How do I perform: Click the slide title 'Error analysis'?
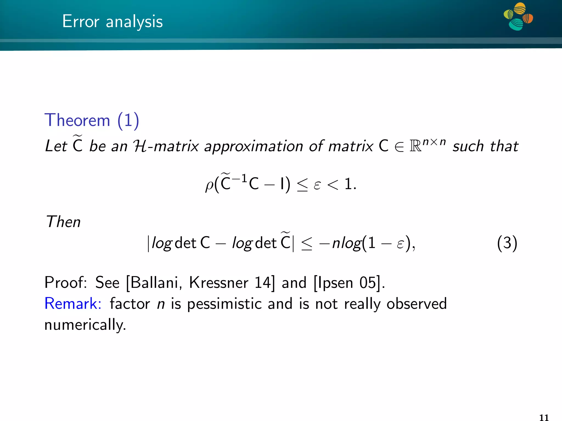click(x=112, y=21)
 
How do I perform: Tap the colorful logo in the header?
click(x=518, y=16)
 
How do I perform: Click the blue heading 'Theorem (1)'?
click(x=92, y=120)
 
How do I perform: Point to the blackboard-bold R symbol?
click(x=415, y=146)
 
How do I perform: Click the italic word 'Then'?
click(x=63, y=222)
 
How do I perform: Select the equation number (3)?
click(x=507, y=243)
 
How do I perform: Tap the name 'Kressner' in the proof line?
click(x=218, y=283)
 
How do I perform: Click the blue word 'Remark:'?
click(x=73, y=304)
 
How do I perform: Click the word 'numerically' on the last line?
click(x=85, y=325)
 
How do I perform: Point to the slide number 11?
click(x=544, y=417)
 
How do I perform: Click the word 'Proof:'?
click(x=66, y=283)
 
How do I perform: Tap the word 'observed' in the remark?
click(x=417, y=304)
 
